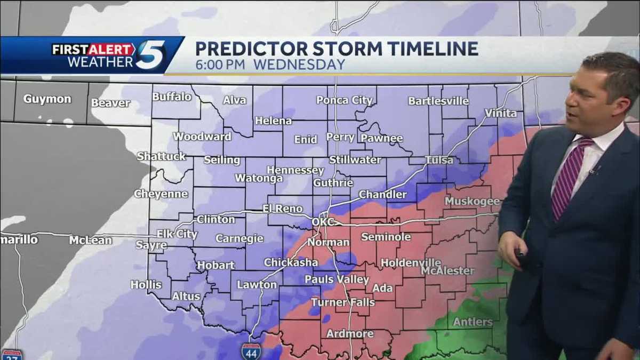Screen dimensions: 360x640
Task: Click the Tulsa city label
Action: click(x=440, y=160)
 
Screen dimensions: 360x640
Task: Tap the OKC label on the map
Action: click(x=323, y=221)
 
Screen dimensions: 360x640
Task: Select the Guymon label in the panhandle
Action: click(x=47, y=99)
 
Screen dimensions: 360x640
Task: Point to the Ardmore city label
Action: click(x=350, y=333)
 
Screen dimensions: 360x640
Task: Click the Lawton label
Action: click(x=257, y=285)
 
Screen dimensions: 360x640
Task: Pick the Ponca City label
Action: click(x=344, y=100)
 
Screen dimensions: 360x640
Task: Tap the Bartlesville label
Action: click(x=438, y=101)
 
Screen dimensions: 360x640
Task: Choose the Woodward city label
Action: click(x=202, y=137)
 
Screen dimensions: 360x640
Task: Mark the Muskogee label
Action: click(x=473, y=202)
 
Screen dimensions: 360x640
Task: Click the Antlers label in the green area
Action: click(x=473, y=322)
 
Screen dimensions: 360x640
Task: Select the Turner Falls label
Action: click(x=343, y=302)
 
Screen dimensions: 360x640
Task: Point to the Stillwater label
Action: click(x=355, y=159)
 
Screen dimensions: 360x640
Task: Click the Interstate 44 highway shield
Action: click(x=251, y=350)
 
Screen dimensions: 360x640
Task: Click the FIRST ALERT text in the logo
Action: click(x=93, y=50)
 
